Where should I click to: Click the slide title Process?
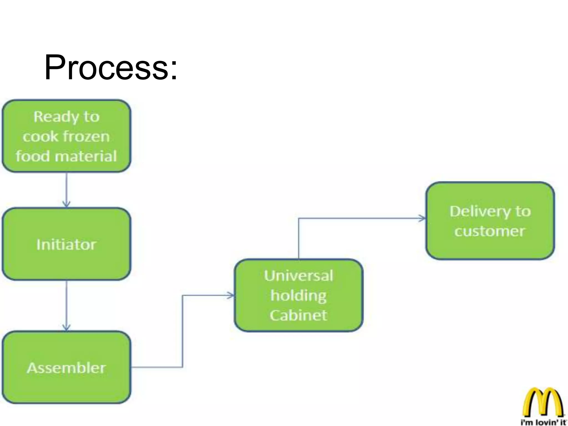[110, 67]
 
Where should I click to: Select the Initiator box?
[66, 244]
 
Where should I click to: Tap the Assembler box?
[66, 368]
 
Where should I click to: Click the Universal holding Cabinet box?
[298, 295]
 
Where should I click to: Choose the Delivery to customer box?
[490, 221]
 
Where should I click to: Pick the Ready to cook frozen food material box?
[66, 136]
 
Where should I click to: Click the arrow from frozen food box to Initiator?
[66, 190]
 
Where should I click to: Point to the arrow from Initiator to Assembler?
[66, 305]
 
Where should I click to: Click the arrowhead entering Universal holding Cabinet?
[231, 295]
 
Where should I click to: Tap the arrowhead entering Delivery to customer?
[422, 218]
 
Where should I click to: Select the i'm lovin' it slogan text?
[543, 422]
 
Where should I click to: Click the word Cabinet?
[298, 315]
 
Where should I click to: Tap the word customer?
[490, 231]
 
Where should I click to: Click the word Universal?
[298, 276]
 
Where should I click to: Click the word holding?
[298, 295]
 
